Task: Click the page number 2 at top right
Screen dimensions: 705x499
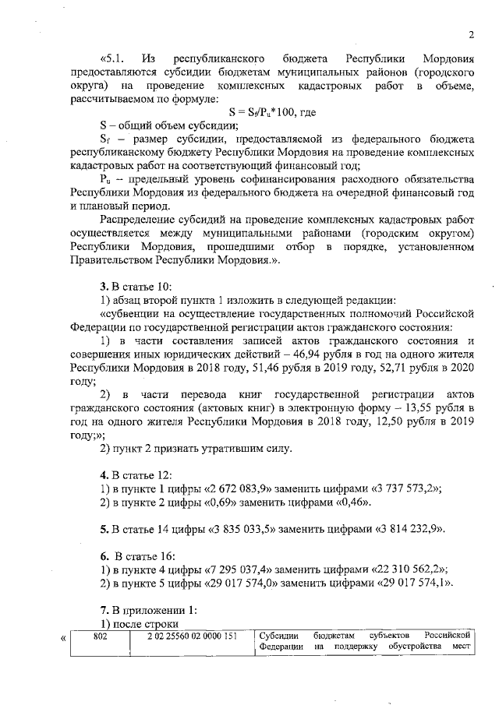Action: click(472, 33)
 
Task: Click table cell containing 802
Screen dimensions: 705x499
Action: click(99, 637)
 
